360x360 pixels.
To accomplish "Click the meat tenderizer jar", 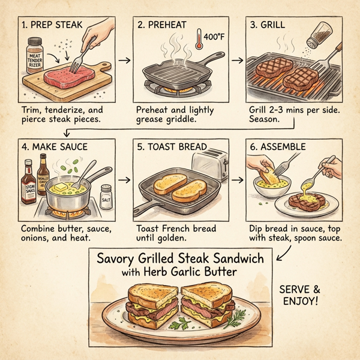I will point(35,56).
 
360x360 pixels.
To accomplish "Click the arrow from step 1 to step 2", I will point(124,60).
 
